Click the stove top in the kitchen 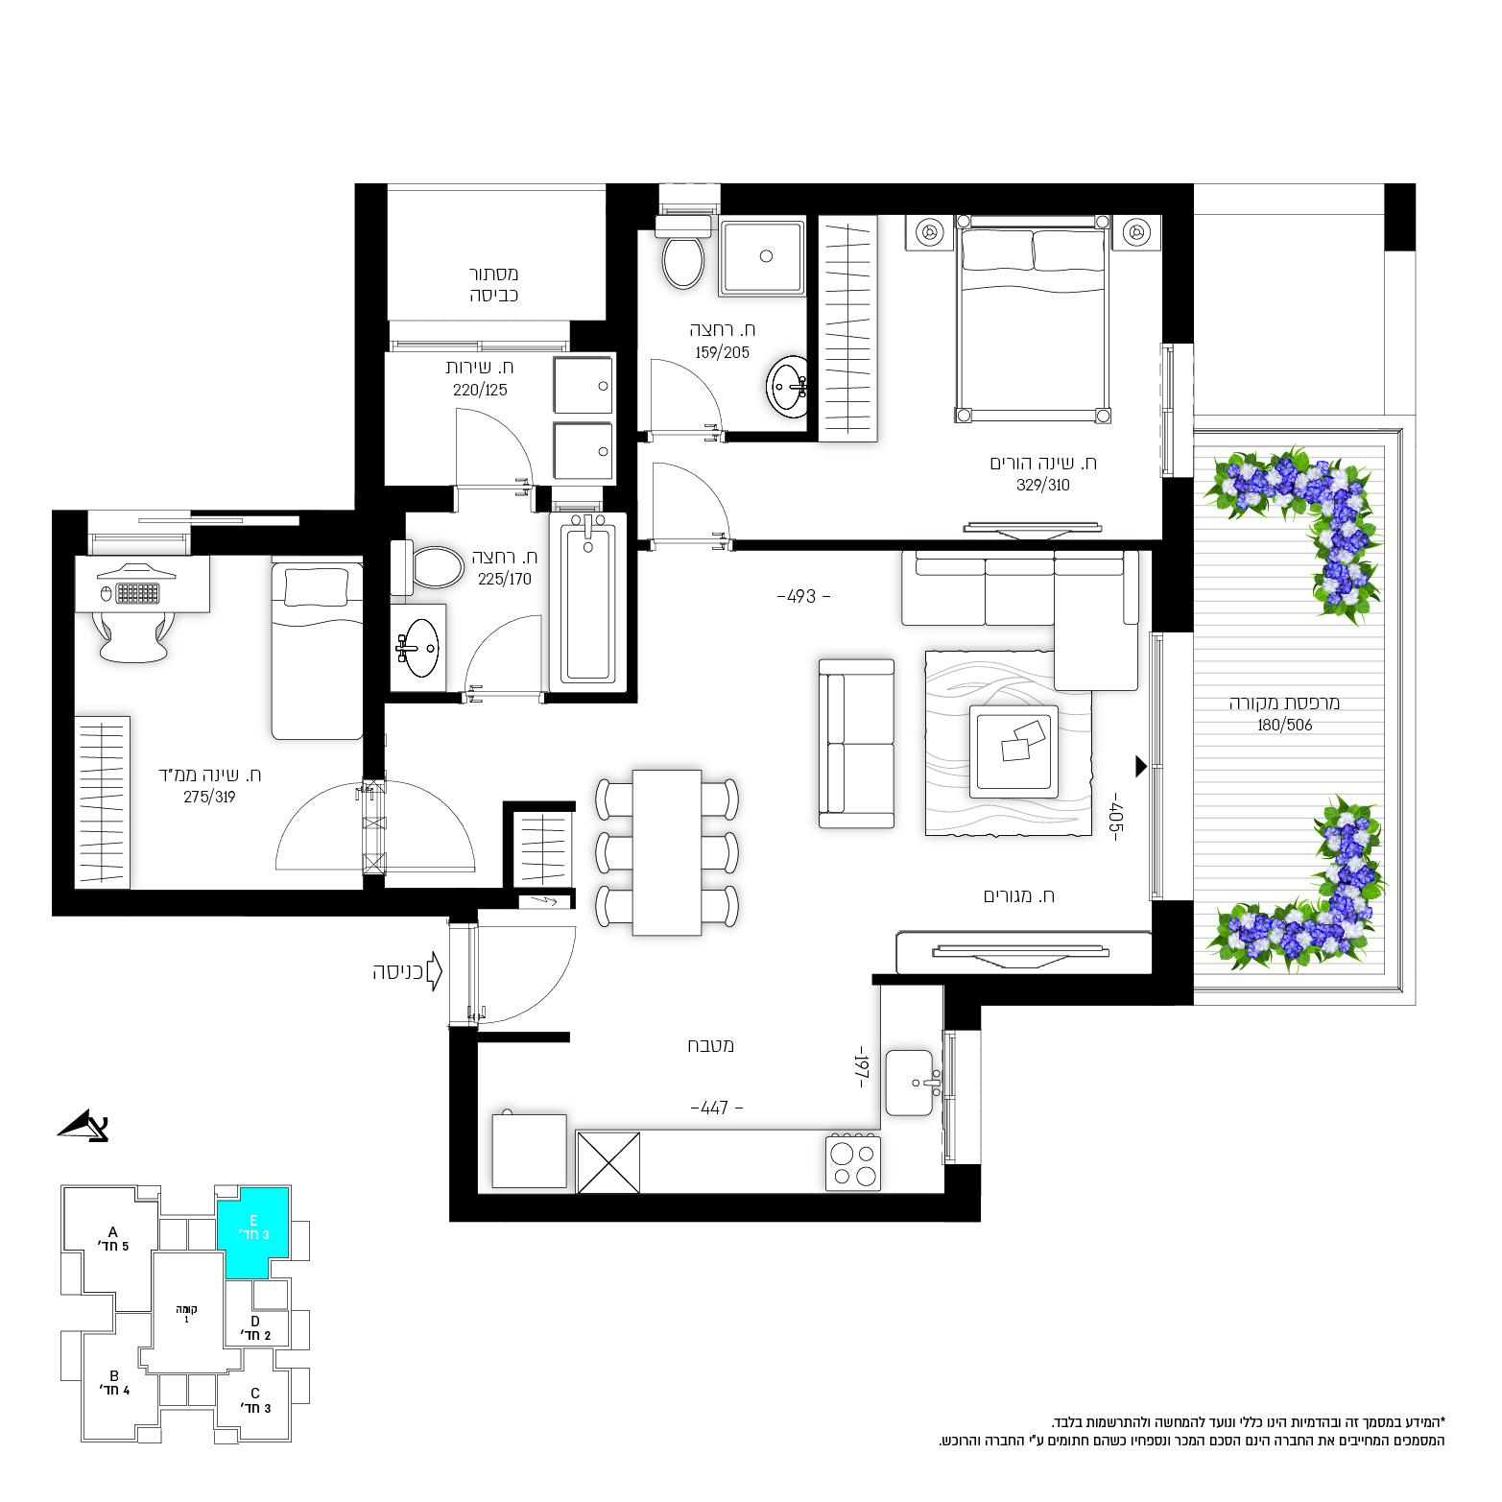click(853, 1162)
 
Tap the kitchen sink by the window click(910, 1083)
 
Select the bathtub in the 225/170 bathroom click(588, 601)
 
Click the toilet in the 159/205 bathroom click(682, 253)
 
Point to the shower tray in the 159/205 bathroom click(763, 257)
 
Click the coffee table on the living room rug click(1013, 752)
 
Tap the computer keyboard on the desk click(137, 593)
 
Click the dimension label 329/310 click(1043, 486)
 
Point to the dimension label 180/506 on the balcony click(1284, 726)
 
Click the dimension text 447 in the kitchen click(716, 1109)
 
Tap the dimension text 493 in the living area click(802, 597)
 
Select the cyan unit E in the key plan click(253, 1232)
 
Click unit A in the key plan click(112, 1239)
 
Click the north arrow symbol click(84, 1127)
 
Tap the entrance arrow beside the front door click(434, 971)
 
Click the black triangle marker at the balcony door click(1141, 766)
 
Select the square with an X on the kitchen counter click(608, 1163)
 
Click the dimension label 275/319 click(209, 798)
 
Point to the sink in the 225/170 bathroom click(418, 648)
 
